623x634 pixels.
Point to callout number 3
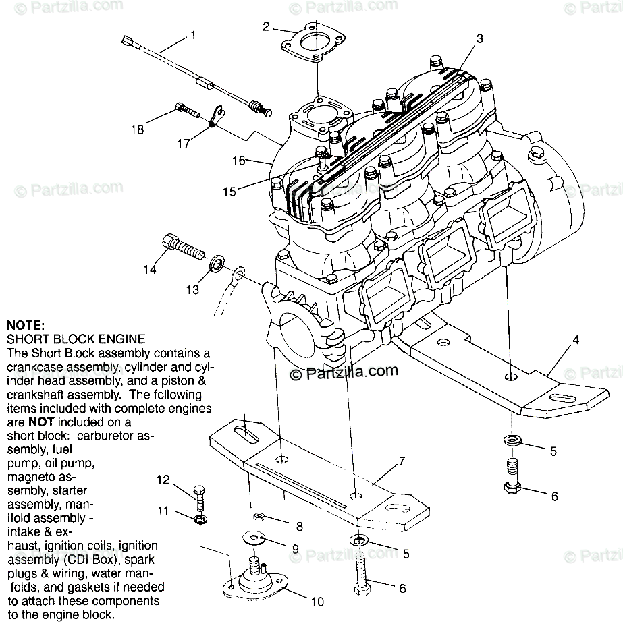[x=479, y=38]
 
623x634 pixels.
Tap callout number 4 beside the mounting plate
[x=576, y=340]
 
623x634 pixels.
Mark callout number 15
[x=229, y=192]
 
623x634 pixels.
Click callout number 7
[x=401, y=461]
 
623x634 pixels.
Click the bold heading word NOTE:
[x=25, y=324]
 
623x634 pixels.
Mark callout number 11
[x=163, y=511]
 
